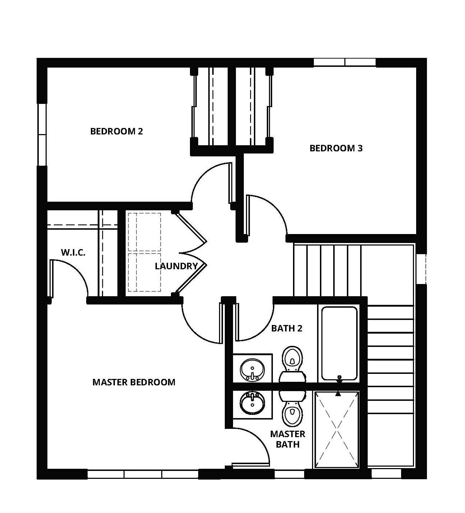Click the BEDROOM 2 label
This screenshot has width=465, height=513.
tap(116, 131)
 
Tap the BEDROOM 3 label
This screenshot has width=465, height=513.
tap(336, 148)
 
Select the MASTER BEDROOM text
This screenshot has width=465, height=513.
tap(134, 382)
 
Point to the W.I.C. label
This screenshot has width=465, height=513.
tap(73, 252)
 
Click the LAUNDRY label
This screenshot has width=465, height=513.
tap(176, 266)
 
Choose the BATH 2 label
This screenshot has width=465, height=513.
tap(287, 328)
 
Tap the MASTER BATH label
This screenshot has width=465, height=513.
tap(288, 439)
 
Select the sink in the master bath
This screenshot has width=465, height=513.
tap(252, 403)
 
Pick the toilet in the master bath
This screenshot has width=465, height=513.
tap(292, 408)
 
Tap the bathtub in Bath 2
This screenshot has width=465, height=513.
tap(339, 343)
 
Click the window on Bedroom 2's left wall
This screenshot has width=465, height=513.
tap(42, 134)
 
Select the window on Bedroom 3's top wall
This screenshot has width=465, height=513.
tap(344, 63)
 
